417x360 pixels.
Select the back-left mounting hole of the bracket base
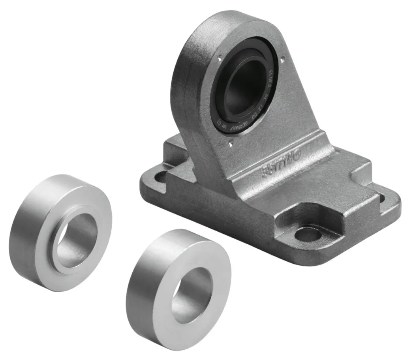tap(161, 176)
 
